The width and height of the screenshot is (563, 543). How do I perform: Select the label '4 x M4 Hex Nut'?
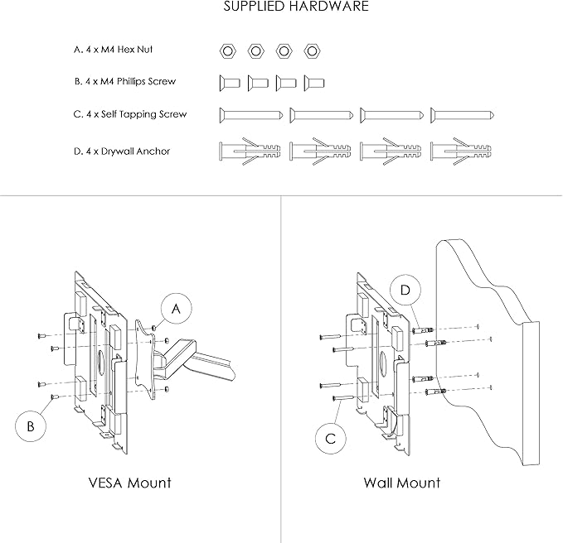coord(114,50)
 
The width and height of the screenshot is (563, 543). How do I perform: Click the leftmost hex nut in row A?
coord(227,51)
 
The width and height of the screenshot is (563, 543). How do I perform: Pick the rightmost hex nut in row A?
coord(313,51)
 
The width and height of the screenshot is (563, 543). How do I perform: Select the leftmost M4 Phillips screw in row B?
coord(230,83)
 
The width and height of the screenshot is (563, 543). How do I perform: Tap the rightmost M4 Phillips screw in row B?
coord(313,83)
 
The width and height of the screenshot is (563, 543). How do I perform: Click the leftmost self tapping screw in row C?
coord(252,115)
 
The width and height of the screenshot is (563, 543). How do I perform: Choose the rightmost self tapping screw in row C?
coord(463,115)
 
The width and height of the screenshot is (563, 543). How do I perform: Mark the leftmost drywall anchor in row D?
coord(251,151)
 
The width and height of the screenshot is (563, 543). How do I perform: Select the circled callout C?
coord(330,439)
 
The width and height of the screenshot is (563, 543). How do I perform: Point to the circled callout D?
coord(404,291)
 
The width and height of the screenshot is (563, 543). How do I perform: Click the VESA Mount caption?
coord(129,483)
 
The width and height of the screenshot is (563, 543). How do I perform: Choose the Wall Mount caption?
coord(402,483)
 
